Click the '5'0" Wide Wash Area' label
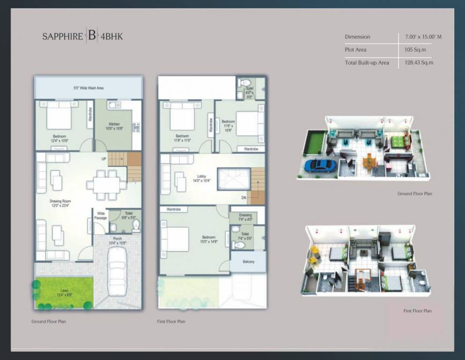(89, 88)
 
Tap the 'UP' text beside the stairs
(103, 159)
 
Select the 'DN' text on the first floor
(244, 198)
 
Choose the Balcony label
(248, 262)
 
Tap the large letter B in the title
(91, 36)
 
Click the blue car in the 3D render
(320, 165)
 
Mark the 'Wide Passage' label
(101, 216)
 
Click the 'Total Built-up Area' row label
(367, 62)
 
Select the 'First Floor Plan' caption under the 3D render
(417, 311)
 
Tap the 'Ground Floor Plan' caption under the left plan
(49, 322)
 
